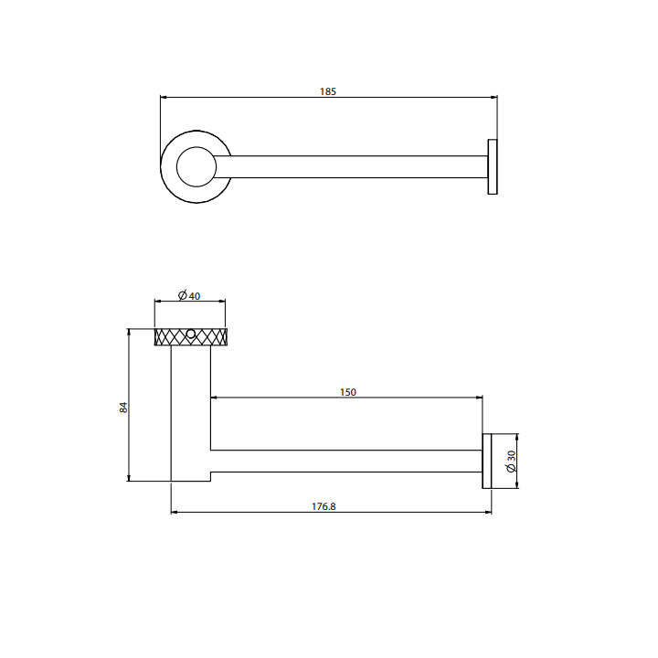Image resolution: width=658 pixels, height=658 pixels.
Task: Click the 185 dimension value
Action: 328,91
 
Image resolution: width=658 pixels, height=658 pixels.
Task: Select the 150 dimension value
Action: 347,392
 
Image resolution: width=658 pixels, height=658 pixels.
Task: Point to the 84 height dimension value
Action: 123,407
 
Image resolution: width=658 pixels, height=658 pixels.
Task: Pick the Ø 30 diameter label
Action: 512,462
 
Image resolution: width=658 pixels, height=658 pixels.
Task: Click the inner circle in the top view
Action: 195,167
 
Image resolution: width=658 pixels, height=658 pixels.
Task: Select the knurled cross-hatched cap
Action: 191,337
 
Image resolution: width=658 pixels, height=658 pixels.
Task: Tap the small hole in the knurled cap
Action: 191,334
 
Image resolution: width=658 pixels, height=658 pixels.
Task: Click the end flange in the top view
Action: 492,167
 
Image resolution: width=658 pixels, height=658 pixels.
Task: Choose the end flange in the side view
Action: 487,462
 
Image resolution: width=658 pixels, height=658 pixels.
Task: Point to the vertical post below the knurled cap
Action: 191,411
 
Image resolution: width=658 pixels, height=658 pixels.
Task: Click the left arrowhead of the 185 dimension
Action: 164,97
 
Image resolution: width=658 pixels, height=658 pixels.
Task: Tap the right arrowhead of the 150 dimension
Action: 479,398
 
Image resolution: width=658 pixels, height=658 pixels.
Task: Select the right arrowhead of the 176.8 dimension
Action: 488,512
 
